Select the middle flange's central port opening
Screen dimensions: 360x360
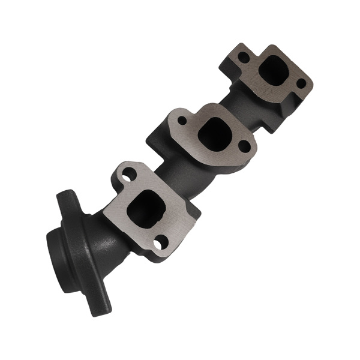point(211,133)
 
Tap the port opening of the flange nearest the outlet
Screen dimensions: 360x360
point(146,206)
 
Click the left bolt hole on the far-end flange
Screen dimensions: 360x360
point(244,58)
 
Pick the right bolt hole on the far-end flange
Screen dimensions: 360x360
point(301,83)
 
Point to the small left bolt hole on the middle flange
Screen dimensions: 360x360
point(182,120)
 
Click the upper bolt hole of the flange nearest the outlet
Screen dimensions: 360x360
point(128,175)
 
